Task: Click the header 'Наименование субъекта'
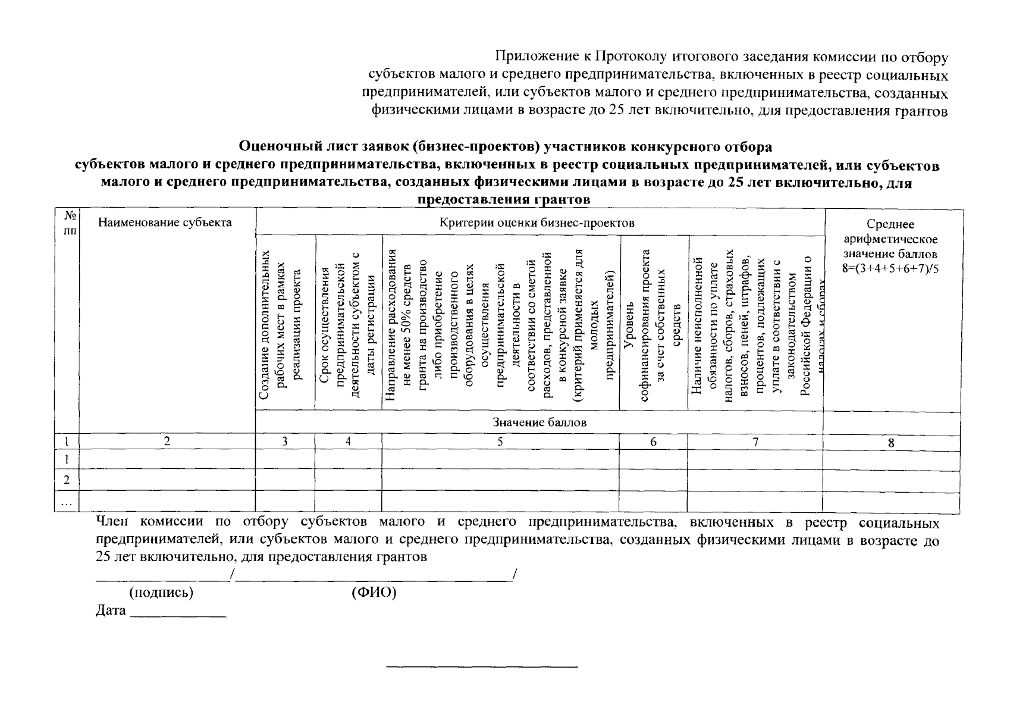click(165, 223)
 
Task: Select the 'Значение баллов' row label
click(539, 422)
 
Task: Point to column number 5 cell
click(500, 441)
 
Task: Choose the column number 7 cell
click(755, 441)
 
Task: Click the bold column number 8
click(890, 443)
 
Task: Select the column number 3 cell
click(285, 441)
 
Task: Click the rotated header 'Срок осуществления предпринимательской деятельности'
click(348, 324)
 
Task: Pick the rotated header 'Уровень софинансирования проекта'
click(653, 324)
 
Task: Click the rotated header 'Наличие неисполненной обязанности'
click(755, 324)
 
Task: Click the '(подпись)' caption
click(161, 593)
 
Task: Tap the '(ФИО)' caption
click(374, 593)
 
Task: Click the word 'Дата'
click(111, 610)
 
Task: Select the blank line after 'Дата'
click(178, 613)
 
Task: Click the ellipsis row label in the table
click(67, 503)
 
